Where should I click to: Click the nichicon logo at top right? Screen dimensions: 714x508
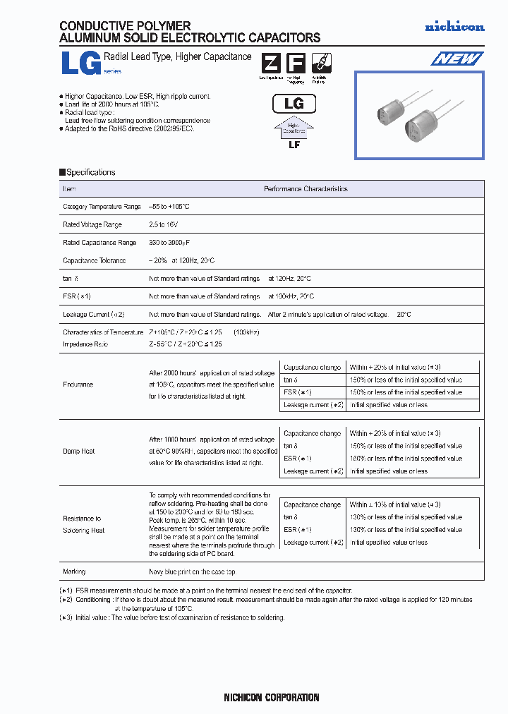tap(454, 27)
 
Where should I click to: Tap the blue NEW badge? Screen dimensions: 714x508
tap(457, 59)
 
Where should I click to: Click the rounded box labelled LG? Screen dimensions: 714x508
tap(294, 104)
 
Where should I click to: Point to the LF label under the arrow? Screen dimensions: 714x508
tap(294, 144)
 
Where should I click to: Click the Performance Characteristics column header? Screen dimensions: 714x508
tap(306, 189)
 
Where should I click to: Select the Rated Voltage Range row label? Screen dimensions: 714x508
tap(92, 224)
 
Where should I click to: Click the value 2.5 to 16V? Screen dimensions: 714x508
tap(164, 224)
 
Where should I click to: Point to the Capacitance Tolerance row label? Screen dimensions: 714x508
tap(95, 260)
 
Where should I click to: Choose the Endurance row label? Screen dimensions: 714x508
tap(78, 385)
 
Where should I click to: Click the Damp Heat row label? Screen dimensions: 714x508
tap(78, 451)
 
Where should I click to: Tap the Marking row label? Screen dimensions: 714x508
tap(74, 571)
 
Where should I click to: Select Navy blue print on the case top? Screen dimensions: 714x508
tap(193, 571)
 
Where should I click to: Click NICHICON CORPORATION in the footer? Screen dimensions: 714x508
tap(271, 698)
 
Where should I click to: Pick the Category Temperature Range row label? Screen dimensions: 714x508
tap(102, 207)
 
